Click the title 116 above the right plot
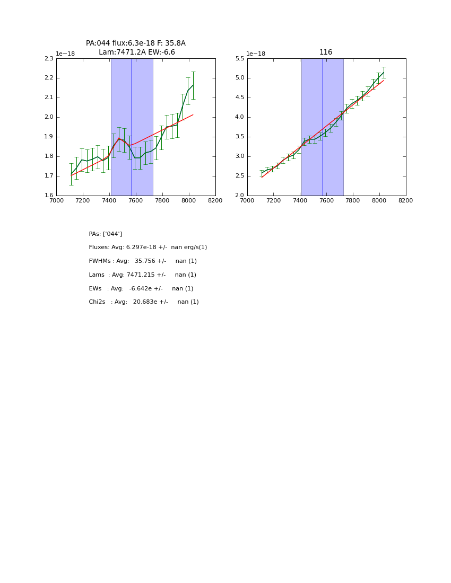coord(326,52)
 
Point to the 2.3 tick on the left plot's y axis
coord(49,58)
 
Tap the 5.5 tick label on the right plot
coord(240,58)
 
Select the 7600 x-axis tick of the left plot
coord(136,200)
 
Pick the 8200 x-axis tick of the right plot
coord(405,200)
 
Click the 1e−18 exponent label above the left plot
coord(66,54)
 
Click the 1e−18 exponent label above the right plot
coord(257,54)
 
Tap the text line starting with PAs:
coord(105,234)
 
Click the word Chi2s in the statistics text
coord(97,302)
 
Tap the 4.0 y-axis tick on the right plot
coord(240,117)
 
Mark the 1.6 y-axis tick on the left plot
coord(49,196)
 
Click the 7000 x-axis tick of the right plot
coord(247,200)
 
